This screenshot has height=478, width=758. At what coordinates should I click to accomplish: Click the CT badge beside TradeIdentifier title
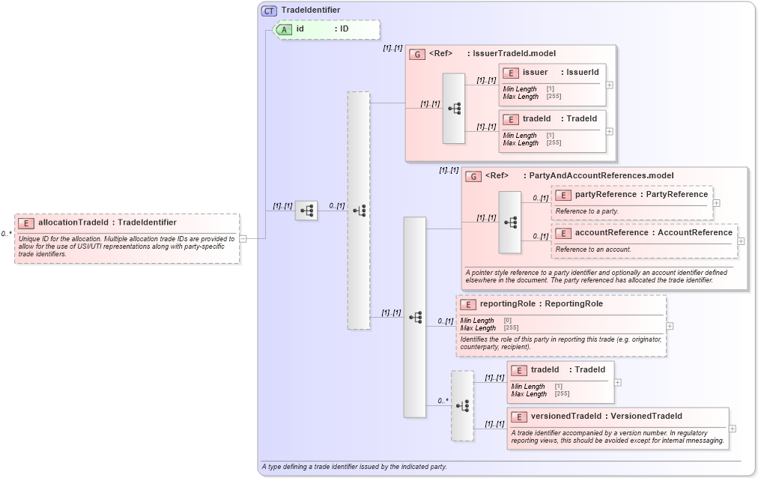269,10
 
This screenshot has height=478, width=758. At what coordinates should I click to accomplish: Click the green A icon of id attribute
285,29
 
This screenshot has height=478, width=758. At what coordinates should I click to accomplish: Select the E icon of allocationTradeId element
26,223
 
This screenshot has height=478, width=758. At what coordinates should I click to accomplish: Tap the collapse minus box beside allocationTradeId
243,238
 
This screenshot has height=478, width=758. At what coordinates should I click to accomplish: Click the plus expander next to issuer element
610,85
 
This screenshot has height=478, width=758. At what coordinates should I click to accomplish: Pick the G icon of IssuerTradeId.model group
417,54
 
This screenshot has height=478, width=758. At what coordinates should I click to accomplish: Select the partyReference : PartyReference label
641,195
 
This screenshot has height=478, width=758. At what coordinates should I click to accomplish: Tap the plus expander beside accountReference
742,241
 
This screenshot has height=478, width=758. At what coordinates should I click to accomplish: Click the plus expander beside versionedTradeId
733,429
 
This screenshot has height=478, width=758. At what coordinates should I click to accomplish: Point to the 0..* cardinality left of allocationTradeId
6,234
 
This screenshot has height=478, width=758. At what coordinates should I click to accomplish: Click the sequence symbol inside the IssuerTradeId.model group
454,108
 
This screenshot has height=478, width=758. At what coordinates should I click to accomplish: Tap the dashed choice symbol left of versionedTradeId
462,405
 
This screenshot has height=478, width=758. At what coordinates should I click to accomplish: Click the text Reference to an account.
593,249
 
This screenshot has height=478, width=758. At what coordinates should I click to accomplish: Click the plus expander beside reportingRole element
670,326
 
